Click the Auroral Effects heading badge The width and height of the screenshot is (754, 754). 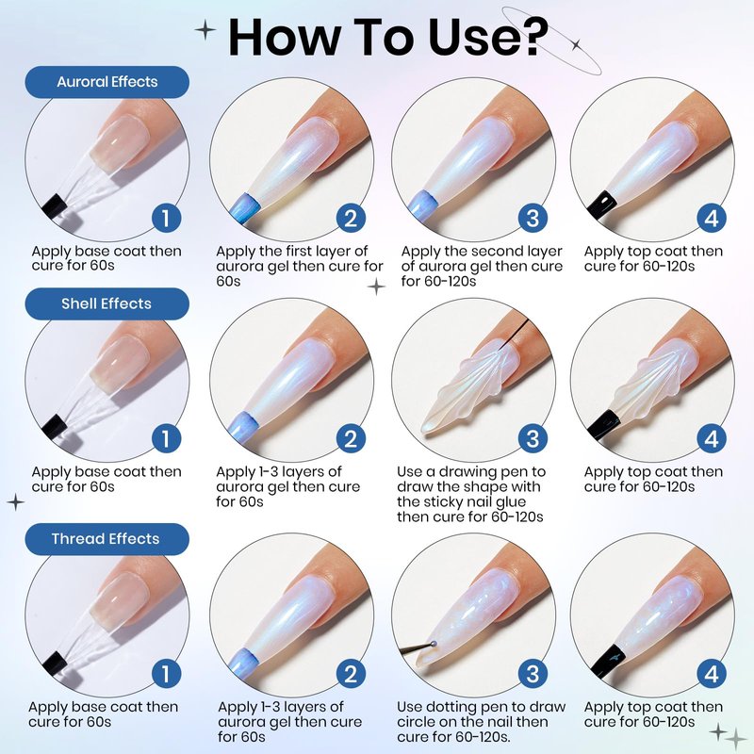107,82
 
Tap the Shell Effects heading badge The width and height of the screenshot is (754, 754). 107,303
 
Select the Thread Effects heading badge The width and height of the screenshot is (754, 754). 107,539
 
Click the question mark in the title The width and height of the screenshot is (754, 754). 530,37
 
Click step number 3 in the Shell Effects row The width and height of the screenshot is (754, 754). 533,438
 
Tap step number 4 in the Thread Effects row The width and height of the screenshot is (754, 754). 712,674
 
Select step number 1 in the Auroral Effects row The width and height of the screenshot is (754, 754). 166,218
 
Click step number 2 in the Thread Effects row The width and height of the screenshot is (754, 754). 351,674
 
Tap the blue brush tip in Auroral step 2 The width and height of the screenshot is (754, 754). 245,207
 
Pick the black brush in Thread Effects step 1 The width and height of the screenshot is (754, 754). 55,664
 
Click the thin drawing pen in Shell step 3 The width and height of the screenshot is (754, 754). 515,334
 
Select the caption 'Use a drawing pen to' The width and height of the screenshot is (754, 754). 471,472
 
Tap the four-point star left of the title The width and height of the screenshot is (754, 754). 205,30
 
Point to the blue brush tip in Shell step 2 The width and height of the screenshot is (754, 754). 245,426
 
